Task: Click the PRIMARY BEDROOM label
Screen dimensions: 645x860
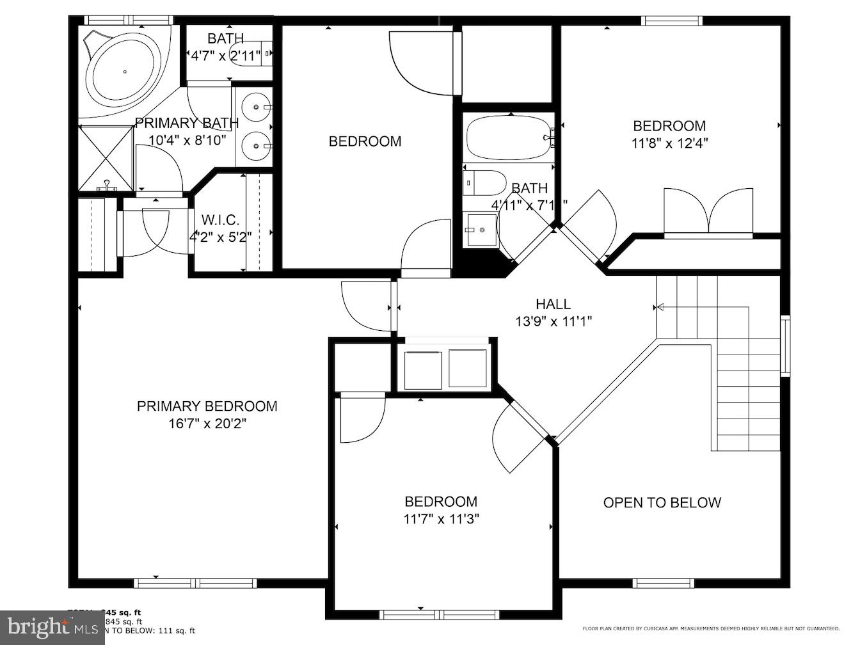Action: click(207, 406)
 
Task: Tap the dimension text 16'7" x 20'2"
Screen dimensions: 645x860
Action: click(207, 424)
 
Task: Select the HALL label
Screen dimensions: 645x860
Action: click(553, 304)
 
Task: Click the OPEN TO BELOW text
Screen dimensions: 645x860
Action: click(662, 503)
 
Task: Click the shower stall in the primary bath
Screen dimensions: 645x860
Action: click(106, 157)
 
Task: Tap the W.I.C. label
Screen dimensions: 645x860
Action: click(220, 220)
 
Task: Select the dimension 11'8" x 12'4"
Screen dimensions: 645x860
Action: click(669, 143)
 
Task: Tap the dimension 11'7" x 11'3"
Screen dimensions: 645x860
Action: click(441, 519)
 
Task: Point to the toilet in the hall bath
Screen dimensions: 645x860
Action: click(484, 183)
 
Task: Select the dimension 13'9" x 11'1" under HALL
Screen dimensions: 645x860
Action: click(553, 321)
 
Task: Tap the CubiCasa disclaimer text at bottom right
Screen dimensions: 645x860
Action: click(710, 629)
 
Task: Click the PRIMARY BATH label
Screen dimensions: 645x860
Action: click(187, 123)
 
